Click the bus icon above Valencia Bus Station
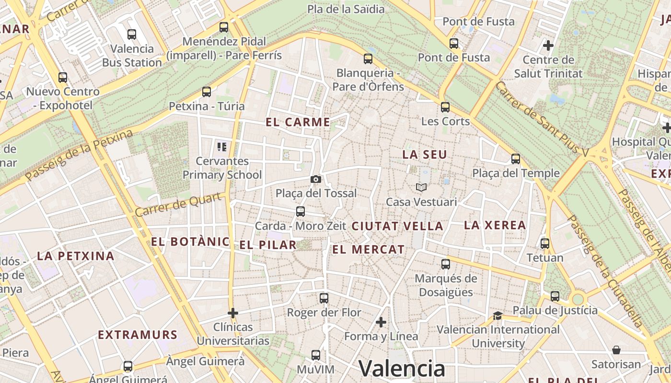click(x=131, y=34)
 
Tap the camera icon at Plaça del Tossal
click(x=316, y=179)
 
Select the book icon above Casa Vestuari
click(x=421, y=187)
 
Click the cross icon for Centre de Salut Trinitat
click(x=548, y=45)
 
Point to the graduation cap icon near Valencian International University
click(x=497, y=315)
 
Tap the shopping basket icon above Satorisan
click(x=616, y=350)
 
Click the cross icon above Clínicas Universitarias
click(x=233, y=313)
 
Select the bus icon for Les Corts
click(x=445, y=107)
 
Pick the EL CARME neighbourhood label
click(x=298, y=122)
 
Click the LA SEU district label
click(x=425, y=155)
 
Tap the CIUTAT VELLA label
click(x=397, y=226)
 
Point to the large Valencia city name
click(x=402, y=369)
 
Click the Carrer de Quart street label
click(x=178, y=204)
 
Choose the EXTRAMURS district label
click(x=138, y=335)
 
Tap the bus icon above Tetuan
click(x=545, y=243)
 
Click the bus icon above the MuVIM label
click(x=315, y=355)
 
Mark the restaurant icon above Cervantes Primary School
click(x=221, y=146)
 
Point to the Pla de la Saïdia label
click(x=346, y=9)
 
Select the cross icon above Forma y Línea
click(x=381, y=322)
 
